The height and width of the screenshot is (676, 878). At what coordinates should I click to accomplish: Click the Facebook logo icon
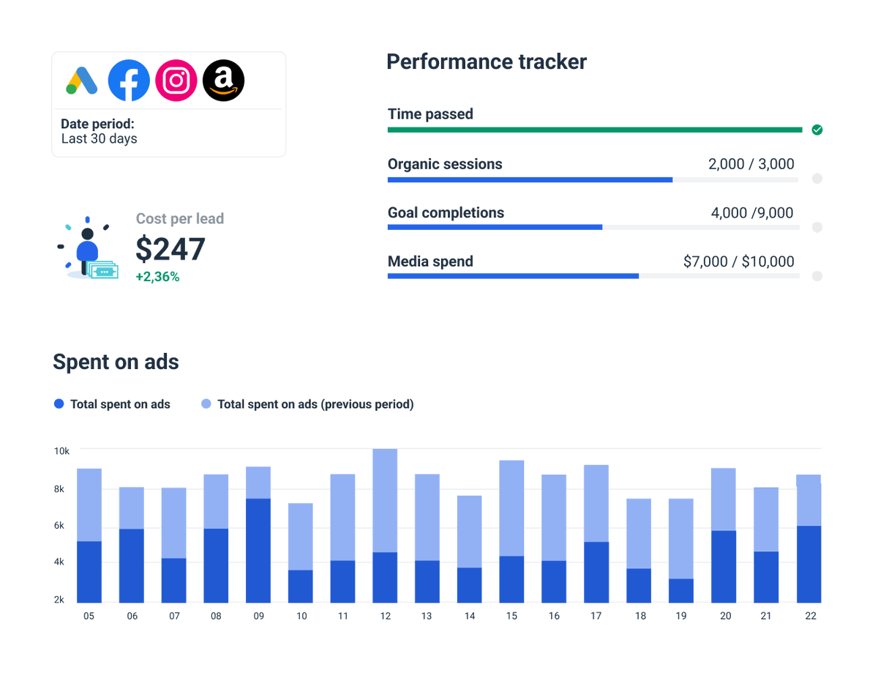[129, 81]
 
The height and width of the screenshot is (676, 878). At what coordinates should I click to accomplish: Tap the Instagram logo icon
[176, 81]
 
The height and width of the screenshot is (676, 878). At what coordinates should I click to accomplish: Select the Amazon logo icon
[223, 81]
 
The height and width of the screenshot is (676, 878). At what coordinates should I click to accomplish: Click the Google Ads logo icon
[82, 81]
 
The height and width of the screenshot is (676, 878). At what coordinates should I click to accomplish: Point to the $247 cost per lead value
[170, 250]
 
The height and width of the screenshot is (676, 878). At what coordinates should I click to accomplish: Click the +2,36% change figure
[157, 277]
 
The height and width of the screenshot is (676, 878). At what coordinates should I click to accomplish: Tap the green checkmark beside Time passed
[817, 130]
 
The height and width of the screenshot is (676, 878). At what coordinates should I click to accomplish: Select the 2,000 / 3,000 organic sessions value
[751, 164]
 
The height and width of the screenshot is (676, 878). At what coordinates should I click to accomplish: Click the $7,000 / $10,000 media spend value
[738, 261]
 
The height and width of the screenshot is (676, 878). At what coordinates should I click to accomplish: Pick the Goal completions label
[446, 213]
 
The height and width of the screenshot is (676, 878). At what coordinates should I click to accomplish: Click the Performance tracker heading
[487, 62]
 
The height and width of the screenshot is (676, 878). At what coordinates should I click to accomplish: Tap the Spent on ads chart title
[116, 362]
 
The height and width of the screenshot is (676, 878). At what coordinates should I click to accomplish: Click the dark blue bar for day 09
[258, 550]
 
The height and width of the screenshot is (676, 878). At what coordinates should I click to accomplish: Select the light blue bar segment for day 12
[385, 500]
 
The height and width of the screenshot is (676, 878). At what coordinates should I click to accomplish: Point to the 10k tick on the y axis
[61, 451]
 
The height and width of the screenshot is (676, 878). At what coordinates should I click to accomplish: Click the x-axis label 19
[681, 616]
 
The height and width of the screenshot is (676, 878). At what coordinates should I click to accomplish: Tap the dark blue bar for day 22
[808, 564]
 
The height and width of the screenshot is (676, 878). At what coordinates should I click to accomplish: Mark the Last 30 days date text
[99, 138]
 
